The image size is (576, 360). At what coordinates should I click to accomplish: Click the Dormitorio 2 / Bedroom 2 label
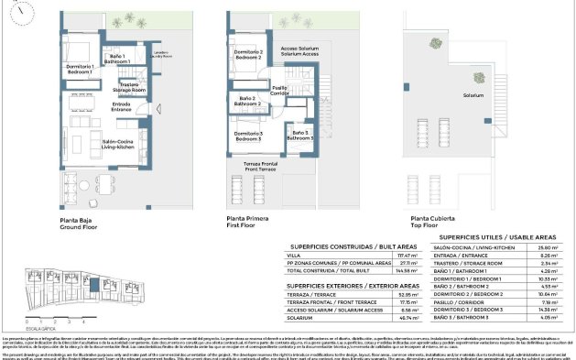point(247,55)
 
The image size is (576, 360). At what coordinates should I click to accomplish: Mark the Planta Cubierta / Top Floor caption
point(433,222)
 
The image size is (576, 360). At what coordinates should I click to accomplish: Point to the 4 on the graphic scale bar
point(83,322)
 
